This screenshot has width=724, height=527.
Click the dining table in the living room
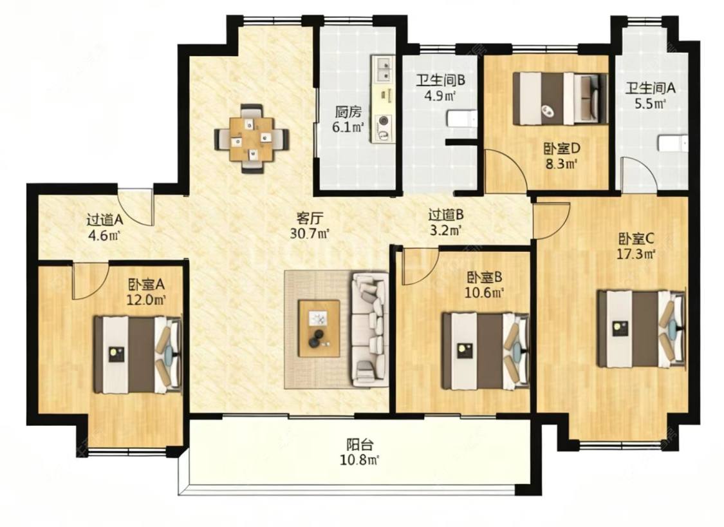click(252, 139)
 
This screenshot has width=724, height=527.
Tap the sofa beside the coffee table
click(370, 330)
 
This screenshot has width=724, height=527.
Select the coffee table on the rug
click(319, 329)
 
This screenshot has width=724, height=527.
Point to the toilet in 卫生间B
click(461, 119)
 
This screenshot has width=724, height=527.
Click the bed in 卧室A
click(138, 354)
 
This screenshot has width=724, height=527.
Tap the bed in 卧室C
click(640, 329)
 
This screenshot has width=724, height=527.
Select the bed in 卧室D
click(561, 99)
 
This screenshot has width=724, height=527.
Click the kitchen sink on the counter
click(383, 70)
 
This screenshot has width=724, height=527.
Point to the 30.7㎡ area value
click(310, 233)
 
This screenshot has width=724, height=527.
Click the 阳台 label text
click(360, 445)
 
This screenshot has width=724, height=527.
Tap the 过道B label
click(446, 215)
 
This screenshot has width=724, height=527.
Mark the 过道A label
click(104, 219)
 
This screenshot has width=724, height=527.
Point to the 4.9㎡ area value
click(441, 96)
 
